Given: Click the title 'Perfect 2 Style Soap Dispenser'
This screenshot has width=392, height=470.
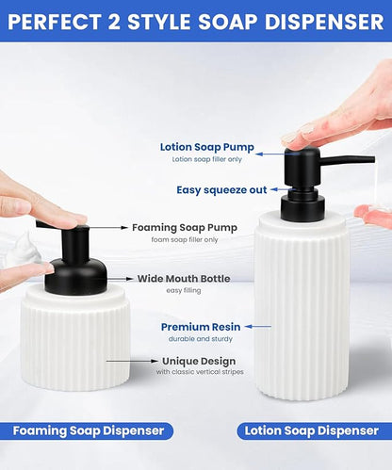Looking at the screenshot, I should pos(196,20).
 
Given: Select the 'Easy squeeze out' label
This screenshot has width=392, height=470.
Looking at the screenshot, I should pos(221,189).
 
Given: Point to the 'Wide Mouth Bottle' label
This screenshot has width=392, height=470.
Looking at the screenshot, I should pos(183,278).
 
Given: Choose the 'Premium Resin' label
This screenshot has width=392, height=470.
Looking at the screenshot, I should pos(198,326).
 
